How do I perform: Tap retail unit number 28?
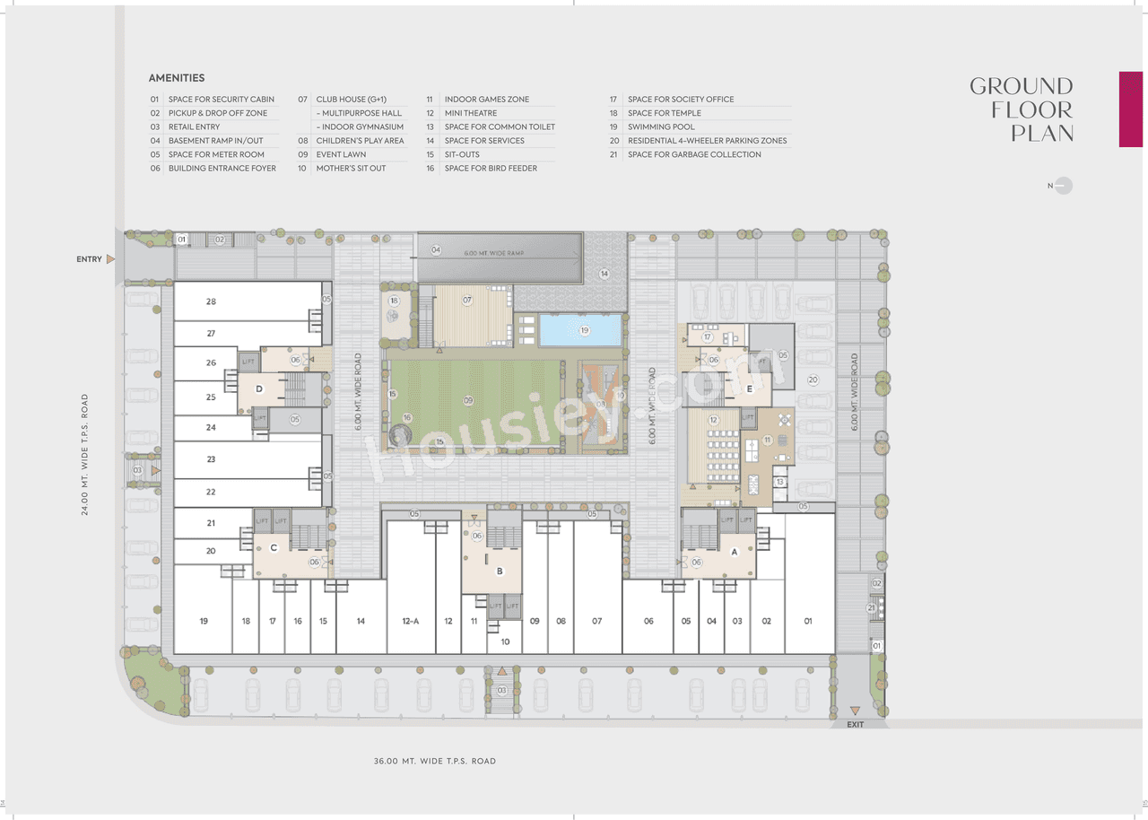pyautogui.click(x=211, y=301)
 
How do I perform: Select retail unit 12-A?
pyautogui.click(x=411, y=621)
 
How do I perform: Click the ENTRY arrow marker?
pyautogui.click(x=111, y=259)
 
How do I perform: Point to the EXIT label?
pyautogui.click(x=855, y=724)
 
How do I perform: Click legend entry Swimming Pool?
pyautogui.click(x=661, y=127)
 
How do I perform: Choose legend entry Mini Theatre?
pyautogui.click(x=470, y=113)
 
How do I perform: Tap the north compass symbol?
pyautogui.click(x=1062, y=186)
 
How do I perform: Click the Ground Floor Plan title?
pyautogui.click(x=1022, y=109)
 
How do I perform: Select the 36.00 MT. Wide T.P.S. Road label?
pyautogui.click(x=434, y=761)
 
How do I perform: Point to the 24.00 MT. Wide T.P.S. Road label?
pyautogui.click(x=85, y=454)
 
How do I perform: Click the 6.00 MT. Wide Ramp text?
pyautogui.click(x=494, y=254)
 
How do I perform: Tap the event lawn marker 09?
pyautogui.click(x=467, y=400)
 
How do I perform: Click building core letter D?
pyautogui.click(x=259, y=388)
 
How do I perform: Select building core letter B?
pyautogui.click(x=500, y=571)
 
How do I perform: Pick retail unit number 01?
pyautogui.click(x=808, y=621)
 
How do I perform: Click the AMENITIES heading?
pyautogui.click(x=177, y=78)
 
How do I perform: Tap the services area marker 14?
pyautogui.click(x=604, y=274)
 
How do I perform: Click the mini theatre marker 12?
pyautogui.click(x=714, y=420)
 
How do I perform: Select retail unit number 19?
pyautogui.click(x=204, y=621)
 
